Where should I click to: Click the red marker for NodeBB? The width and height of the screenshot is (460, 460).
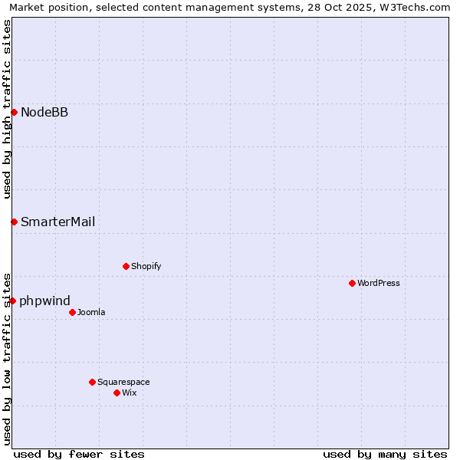pyautogui.click(x=14, y=113)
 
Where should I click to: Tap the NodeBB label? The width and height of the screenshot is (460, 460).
pyautogui.click(x=44, y=113)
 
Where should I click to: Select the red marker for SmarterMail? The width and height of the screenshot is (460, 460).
pyautogui.click(x=14, y=222)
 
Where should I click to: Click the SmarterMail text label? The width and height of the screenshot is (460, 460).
pyautogui.click(x=58, y=222)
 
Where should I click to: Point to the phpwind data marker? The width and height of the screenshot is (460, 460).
pyautogui.click(x=13, y=301)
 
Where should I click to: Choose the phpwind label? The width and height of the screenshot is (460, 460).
pyautogui.click(x=44, y=301)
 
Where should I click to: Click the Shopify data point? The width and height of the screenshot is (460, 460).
pyautogui.click(x=126, y=266)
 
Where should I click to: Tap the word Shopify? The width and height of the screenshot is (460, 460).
pyautogui.click(x=146, y=267)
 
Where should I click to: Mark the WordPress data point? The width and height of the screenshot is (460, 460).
pyautogui.click(x=352, y=283)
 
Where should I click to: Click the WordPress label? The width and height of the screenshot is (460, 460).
pyautogui.click(x=378, y=284)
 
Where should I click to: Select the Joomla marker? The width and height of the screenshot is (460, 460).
pyautogui.click(x=72, y=312)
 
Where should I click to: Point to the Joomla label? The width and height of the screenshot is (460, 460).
pyautogui.click(x=91, y=313)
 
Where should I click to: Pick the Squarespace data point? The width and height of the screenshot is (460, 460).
pyautogui.click(x=92, y=382)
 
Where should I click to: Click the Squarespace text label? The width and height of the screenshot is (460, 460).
pyautogui.click(x=123, y=383)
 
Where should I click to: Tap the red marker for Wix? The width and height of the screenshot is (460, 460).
pyautogui.click(x=117, y=393)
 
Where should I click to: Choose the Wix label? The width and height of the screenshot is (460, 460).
pyautogui.click(x=130, y=393)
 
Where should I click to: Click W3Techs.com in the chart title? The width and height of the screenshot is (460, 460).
pyautogui.click(x=414, y=8)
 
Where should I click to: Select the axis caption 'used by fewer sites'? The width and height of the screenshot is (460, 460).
pyautogui.click(x=79, y=454)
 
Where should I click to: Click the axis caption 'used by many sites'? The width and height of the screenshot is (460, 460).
pyautogui.click(x=385, y=454)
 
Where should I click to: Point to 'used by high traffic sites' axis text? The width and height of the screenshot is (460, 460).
pyautogui.click(x=7, y=109)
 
